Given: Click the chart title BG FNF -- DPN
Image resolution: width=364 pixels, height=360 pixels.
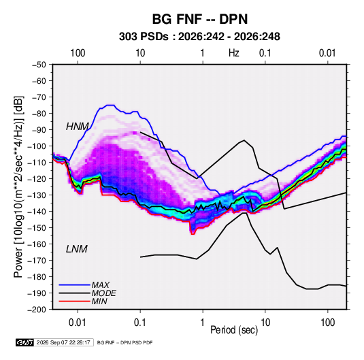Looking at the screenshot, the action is (x=200, y=19).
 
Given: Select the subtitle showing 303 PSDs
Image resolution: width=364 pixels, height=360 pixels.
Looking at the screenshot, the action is (x=199, y=37).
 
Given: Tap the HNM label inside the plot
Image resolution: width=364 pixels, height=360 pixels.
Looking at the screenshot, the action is (x=78, y=127).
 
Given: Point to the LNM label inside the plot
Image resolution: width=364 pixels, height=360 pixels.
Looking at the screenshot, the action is (x=77, y=249).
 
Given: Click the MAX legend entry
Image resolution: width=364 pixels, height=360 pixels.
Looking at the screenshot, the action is (x=100, y=285).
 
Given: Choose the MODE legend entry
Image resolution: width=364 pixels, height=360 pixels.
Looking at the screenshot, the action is (x=104, y=293).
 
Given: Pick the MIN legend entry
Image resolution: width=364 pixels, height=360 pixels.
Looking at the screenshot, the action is (x=99, y=301).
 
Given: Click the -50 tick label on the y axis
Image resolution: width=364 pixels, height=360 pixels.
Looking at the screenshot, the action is (x=39, y=65).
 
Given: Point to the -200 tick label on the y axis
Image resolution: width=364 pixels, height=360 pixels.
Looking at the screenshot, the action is (x=37, y=310).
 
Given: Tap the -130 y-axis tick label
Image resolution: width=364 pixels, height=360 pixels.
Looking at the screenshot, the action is (x=37, y=195).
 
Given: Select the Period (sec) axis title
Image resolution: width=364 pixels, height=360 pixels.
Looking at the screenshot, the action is (x=234, y=330).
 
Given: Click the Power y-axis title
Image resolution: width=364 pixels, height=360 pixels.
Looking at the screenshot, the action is (x=18, y=187).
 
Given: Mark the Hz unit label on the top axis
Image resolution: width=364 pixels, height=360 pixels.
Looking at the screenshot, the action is (x=234, y=53).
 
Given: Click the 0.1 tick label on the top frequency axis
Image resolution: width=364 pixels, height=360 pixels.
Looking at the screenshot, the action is (x=265, y=53).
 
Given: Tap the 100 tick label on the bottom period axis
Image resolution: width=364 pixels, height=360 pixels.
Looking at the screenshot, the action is (x=327, y=323).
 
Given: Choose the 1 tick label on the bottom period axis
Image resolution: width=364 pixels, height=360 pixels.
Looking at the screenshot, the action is (x=203, y=323).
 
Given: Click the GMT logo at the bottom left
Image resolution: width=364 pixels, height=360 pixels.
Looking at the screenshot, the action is (x=25, y=342).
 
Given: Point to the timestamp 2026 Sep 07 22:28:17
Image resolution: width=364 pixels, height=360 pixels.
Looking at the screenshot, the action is (x=63, y=342).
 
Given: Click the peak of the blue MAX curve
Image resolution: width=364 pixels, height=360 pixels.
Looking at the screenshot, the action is (x=111, y=105).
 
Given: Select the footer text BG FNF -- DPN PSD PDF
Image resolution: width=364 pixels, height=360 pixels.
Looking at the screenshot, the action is (x=125, y=342).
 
